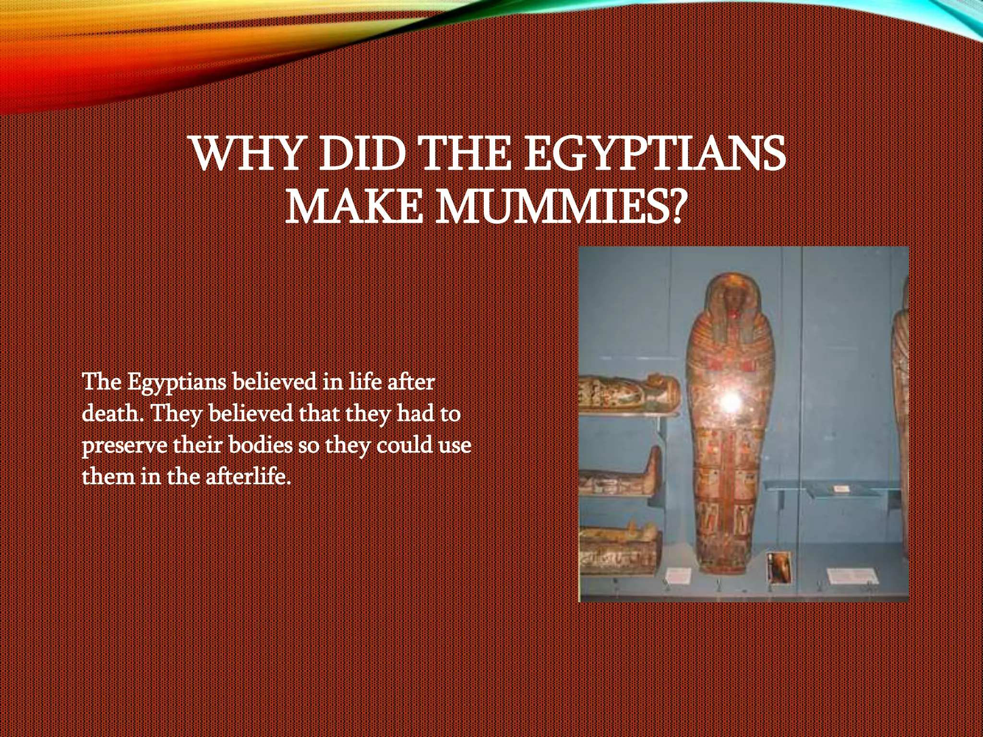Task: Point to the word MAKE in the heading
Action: point(354,207)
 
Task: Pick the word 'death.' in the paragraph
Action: point(113,413)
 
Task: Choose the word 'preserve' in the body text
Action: point(124,445)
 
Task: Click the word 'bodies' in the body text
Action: point(261,445)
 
